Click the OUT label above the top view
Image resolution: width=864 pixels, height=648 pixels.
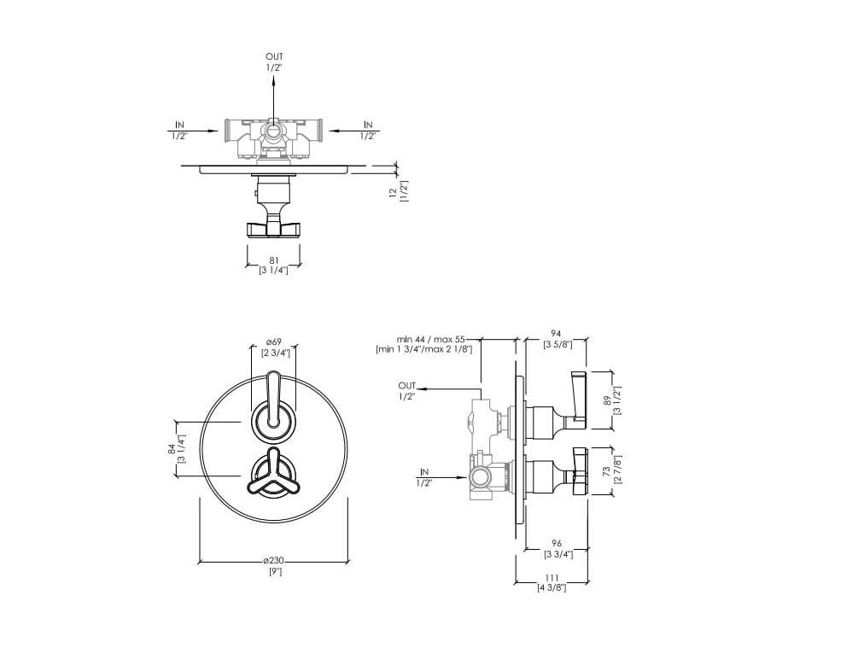pos(274,56)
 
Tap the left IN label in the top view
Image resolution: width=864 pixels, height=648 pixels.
pos(179,126)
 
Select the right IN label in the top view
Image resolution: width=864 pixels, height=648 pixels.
pos(368,126)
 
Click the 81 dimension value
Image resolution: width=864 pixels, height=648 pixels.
pos(274,260)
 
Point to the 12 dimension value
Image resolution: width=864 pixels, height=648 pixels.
pos(393,192)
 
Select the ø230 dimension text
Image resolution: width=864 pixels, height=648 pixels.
pos(274,561)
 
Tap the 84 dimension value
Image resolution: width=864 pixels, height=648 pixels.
pos(172,449)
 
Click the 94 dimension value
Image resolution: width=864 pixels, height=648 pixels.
pos(556,334)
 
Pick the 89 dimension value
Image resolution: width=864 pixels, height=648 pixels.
pos(607,400)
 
